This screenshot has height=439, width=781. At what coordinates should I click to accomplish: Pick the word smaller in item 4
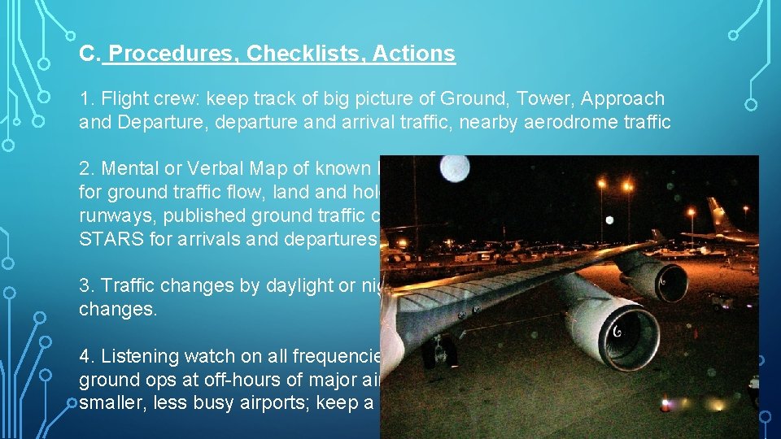coord(109,403)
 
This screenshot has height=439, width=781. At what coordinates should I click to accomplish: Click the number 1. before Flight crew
coord(88,99)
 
